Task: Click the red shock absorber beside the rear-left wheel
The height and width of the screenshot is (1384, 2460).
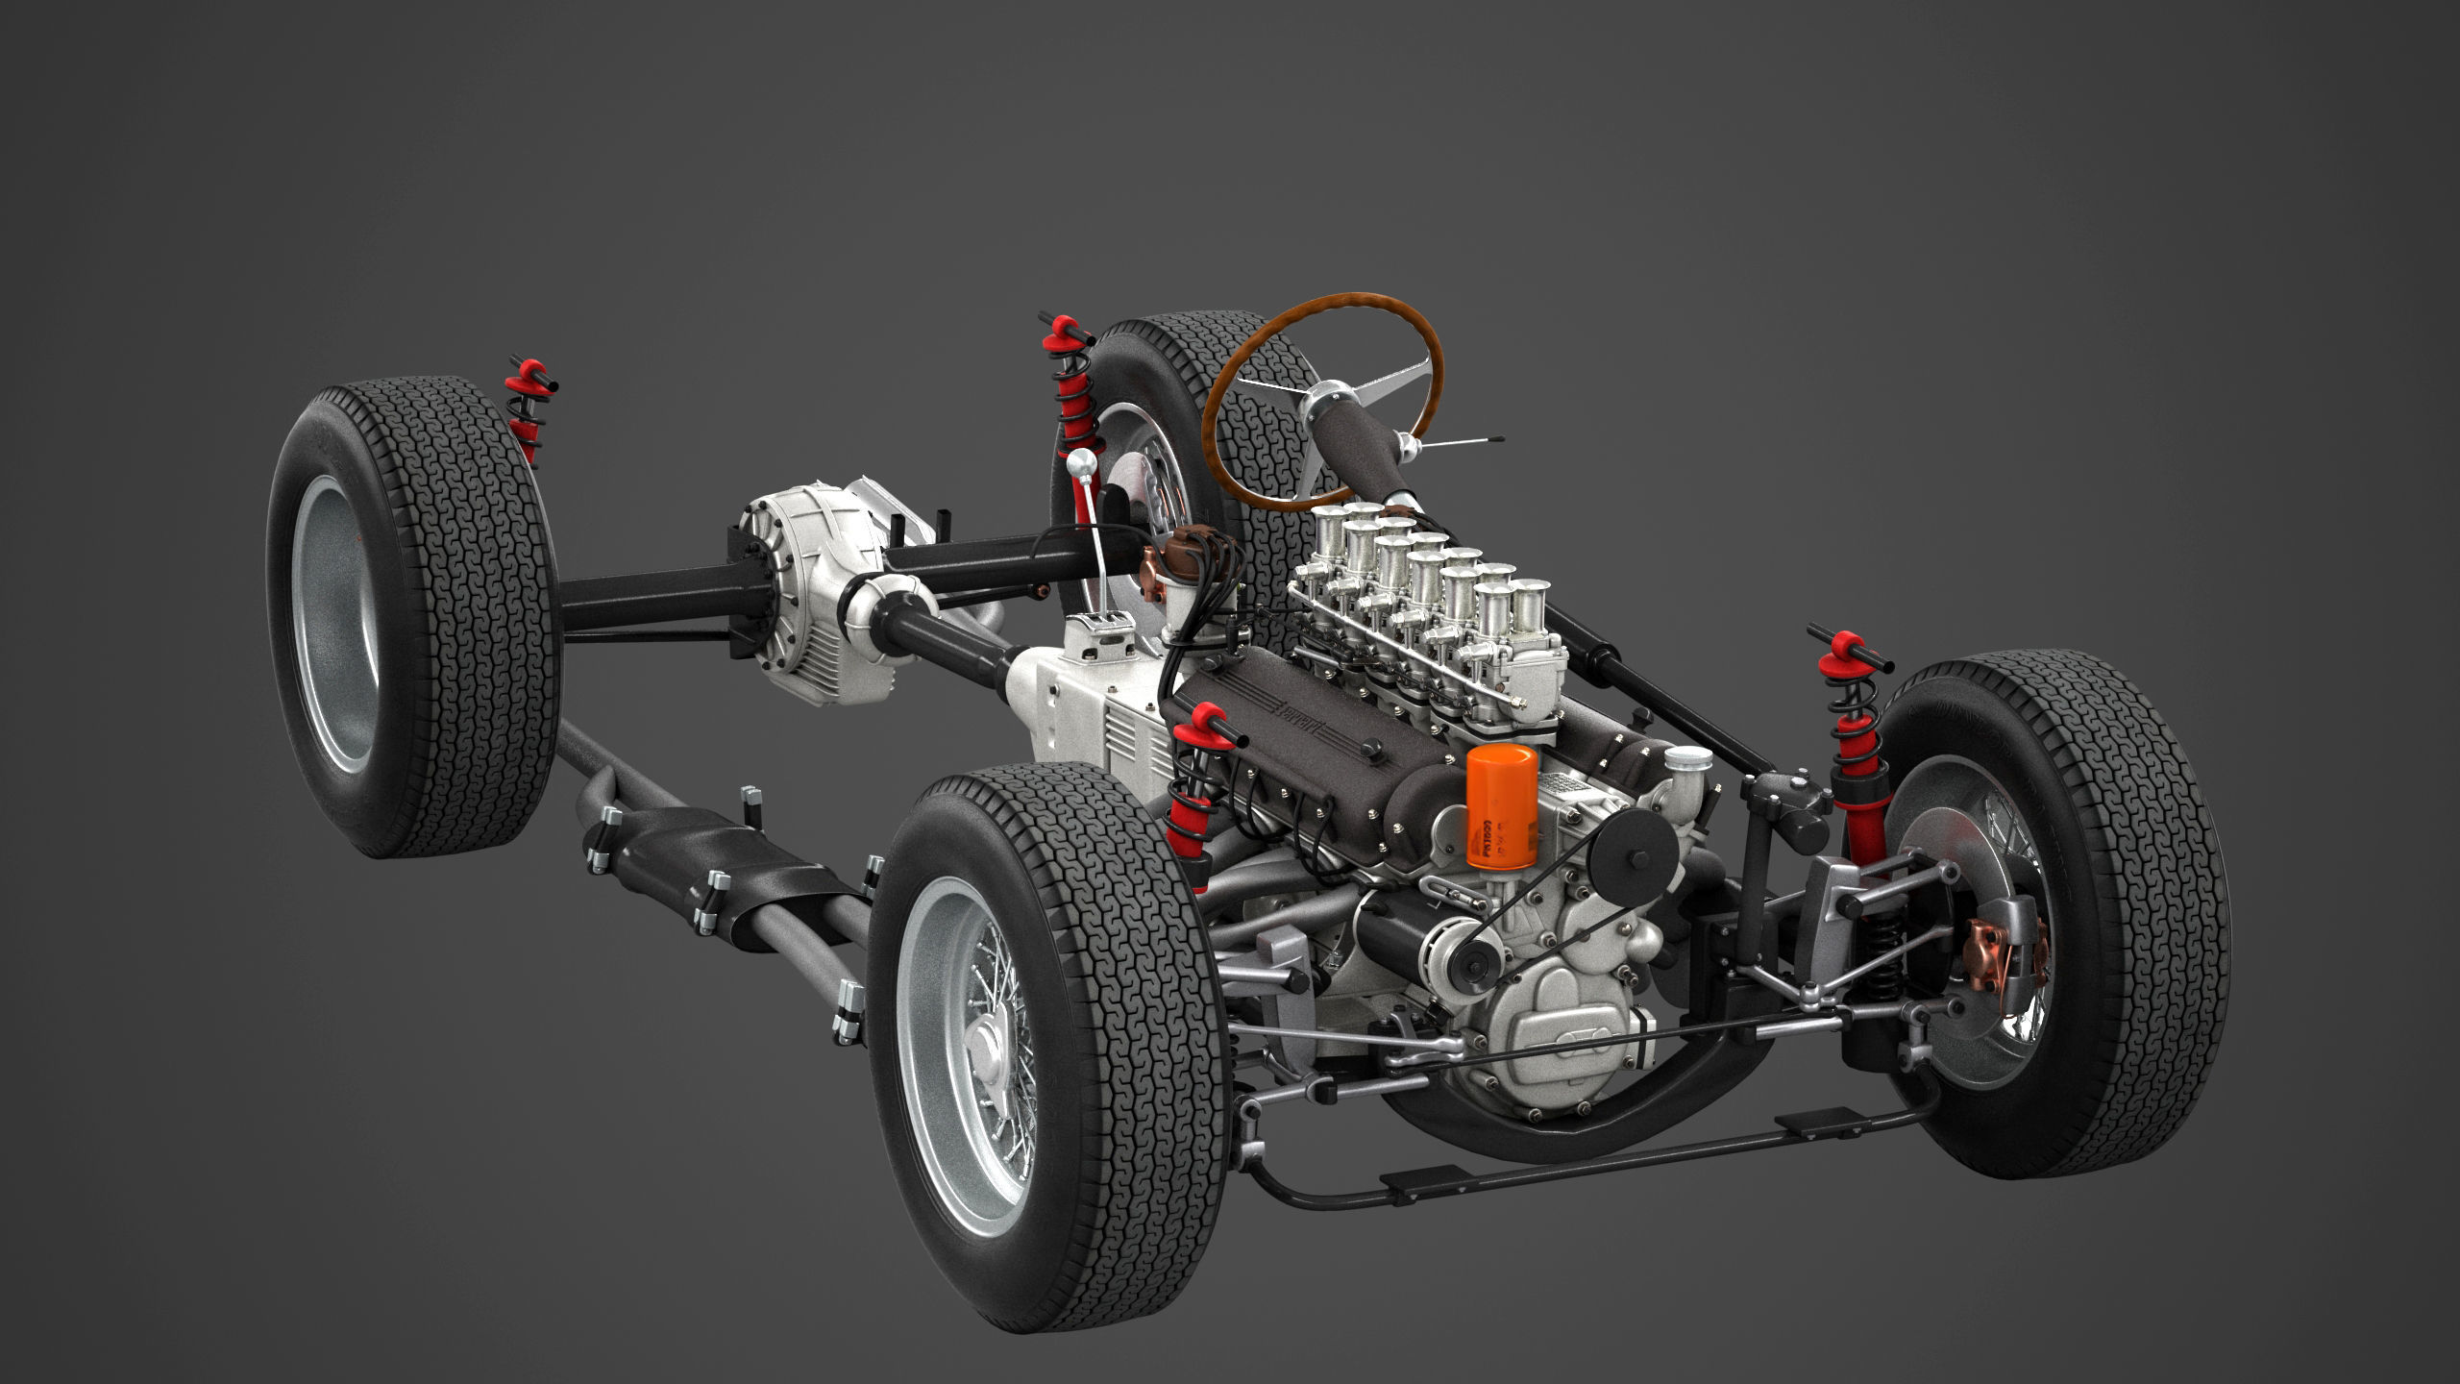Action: [527, 413]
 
